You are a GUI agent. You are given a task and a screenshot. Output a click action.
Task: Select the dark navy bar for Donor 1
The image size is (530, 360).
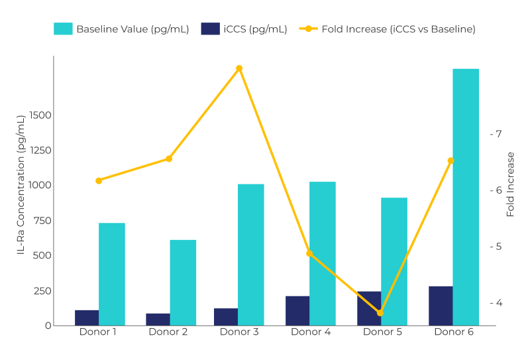(87, 318)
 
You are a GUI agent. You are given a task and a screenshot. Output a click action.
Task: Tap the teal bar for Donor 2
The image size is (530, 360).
(183, 282)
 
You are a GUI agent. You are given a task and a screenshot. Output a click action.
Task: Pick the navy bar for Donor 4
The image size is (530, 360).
(297, 310)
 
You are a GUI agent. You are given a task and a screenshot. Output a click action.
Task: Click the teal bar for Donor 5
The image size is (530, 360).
(394, 261)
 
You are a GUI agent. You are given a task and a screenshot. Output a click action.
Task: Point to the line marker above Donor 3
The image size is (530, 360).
(239, 68)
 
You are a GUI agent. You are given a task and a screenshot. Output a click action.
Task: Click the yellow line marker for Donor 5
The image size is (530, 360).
(380, 313)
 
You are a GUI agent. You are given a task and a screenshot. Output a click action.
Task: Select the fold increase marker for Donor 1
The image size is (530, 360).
(99, 180)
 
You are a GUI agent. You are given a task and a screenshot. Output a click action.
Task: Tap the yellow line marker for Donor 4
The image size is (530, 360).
(309, 253)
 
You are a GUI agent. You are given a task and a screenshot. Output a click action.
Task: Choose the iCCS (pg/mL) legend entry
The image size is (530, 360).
(244, 29)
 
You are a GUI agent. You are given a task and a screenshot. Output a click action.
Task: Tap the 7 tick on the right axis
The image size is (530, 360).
(496, 134)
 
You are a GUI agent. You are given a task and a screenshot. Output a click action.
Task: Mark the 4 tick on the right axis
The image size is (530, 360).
(496, 303)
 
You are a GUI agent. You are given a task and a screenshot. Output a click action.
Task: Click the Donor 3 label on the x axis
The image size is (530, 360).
(239, 332)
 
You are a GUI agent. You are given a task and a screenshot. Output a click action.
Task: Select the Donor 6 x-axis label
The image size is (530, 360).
(454, 332)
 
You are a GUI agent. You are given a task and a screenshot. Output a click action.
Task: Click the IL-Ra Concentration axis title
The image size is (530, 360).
(21, 184)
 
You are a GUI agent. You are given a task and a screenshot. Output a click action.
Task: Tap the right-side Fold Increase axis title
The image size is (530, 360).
(510, 184)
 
